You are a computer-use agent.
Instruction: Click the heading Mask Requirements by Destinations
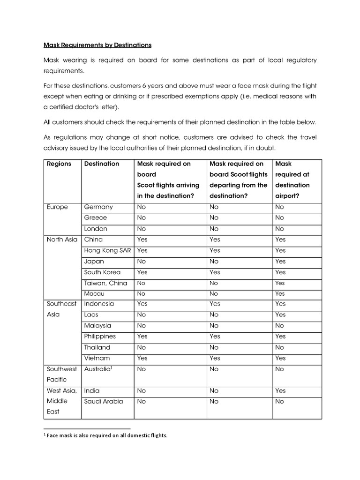pyautogui.click(x=97, y=45)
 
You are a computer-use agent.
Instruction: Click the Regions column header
pyautogui.click(x=59, y=164)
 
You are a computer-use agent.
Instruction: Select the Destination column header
pyautogui.click(x=102, y=164)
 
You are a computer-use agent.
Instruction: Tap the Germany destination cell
pyautogui.click(x=98, y=207)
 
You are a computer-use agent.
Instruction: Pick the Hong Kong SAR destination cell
pyautogui.click(x=107, y=250)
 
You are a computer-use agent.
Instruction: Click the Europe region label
pyautogui.click(x=57, y=207)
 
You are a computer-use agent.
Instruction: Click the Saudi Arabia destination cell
pyautogui.click(x=104, y=401)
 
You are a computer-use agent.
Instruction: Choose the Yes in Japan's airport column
pyautogui.click(x=280, y=261)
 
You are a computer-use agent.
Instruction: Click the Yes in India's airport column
pyautogui.click(x=280, y=390)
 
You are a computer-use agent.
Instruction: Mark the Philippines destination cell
pyautogui.click(x=100, y=336)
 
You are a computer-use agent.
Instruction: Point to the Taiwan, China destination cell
pyautogui.click(x=105, y=283)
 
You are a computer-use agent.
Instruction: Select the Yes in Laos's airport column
pyautogui.click(x=280, y=315)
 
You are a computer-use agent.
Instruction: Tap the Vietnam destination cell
pyautogui.click(x=97, y=358)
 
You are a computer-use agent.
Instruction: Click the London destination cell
pyautogui.click(x=96, y=229)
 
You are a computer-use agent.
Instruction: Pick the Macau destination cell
pyautogui.click(x=94, y=293)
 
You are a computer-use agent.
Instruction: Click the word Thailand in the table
pyautogui.click(x=97, y=347)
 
